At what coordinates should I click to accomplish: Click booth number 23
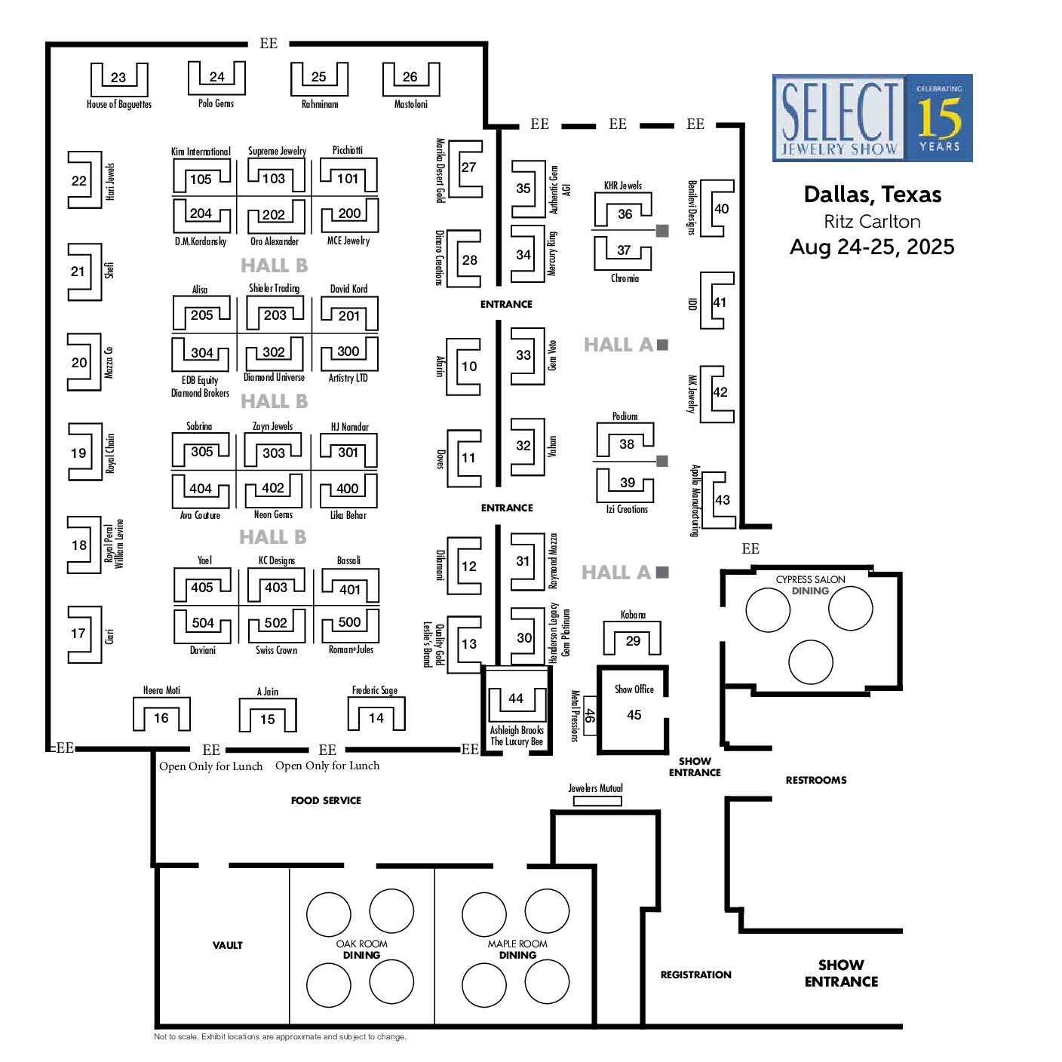click(118, 78)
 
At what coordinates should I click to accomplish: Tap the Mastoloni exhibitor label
click(410, 104)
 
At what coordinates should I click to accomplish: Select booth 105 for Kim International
click(201, 179)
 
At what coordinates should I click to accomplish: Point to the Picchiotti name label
click(348, 150)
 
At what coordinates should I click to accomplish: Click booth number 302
click(273, 352)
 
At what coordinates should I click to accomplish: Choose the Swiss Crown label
click(276, 650)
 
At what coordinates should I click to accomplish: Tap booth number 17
click(78, 634)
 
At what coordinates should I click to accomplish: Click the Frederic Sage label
click(375, 691)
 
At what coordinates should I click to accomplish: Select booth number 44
click(516, 698)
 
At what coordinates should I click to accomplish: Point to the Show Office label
click(634, 689)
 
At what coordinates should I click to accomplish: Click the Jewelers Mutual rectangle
click(597, 801)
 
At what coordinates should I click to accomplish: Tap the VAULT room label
click(228, 945)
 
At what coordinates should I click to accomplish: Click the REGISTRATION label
click(696, 975)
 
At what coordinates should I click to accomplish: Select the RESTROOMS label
click(816, 780)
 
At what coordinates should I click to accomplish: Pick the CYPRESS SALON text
click(810, 579)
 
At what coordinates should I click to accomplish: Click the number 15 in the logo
click(940, 118)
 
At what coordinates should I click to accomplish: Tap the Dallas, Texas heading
click(873, 195)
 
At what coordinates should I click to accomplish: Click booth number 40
click(721, 209)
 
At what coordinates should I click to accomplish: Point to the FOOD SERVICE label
click(327, 800)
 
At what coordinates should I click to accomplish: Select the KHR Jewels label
click(623, 186)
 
